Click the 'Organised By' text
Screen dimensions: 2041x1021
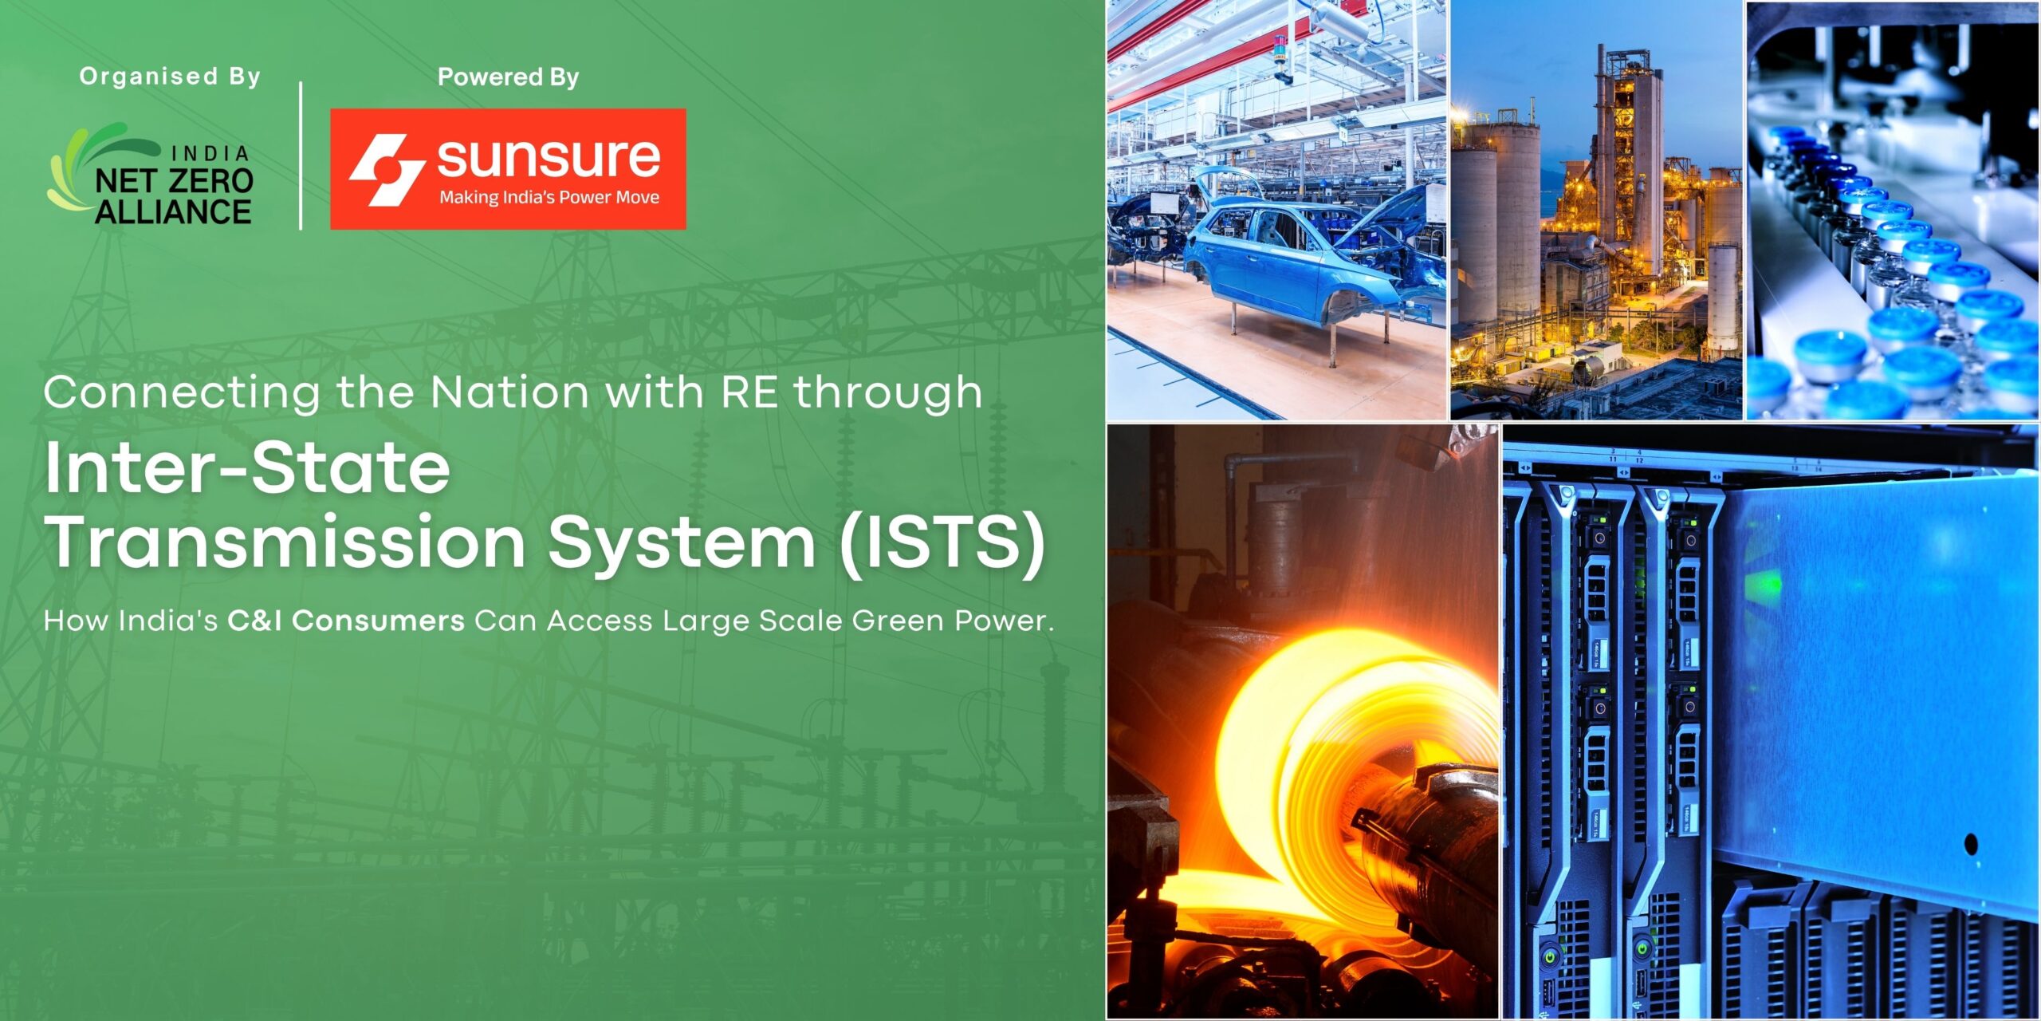170,77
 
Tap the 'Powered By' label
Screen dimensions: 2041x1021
508,77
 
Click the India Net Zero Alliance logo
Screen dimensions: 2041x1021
151,174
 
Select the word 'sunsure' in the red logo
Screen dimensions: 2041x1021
549,158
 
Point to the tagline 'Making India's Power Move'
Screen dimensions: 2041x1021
549,197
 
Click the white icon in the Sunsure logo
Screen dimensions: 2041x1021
387,169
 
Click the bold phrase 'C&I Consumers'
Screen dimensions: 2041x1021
346,621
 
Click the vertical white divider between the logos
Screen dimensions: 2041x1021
301,156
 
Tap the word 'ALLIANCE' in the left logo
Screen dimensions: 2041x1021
173,211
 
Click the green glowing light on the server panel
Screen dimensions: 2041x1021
1763,586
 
